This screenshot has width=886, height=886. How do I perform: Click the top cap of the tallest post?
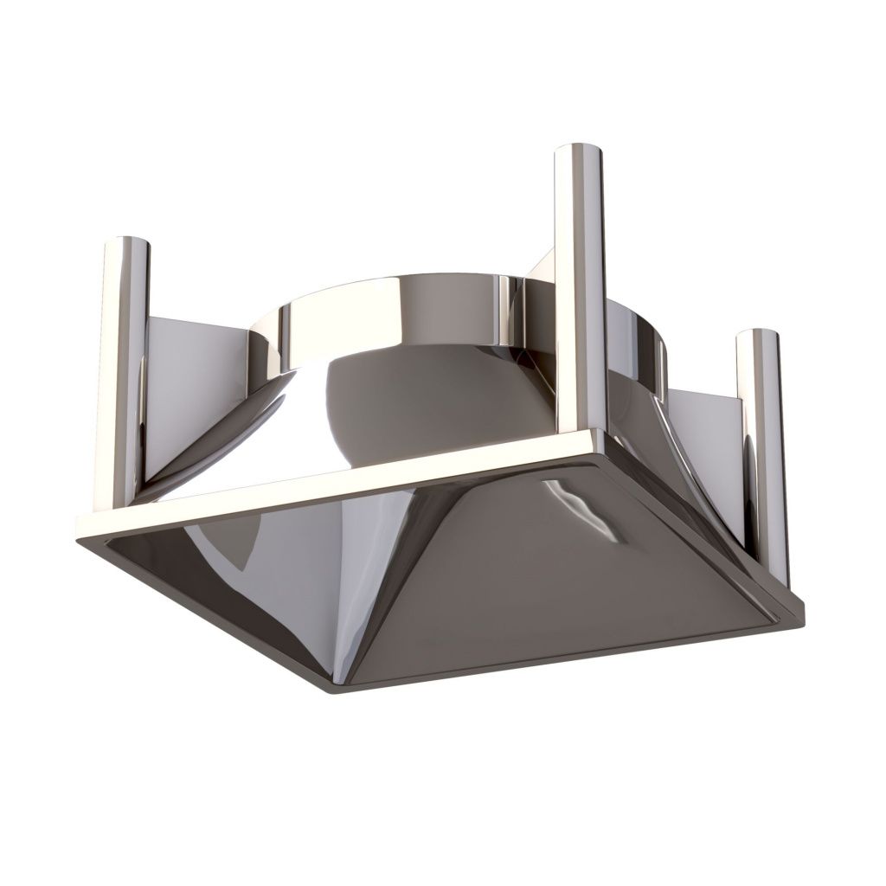578,152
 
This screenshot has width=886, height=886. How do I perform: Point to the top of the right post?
759,337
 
